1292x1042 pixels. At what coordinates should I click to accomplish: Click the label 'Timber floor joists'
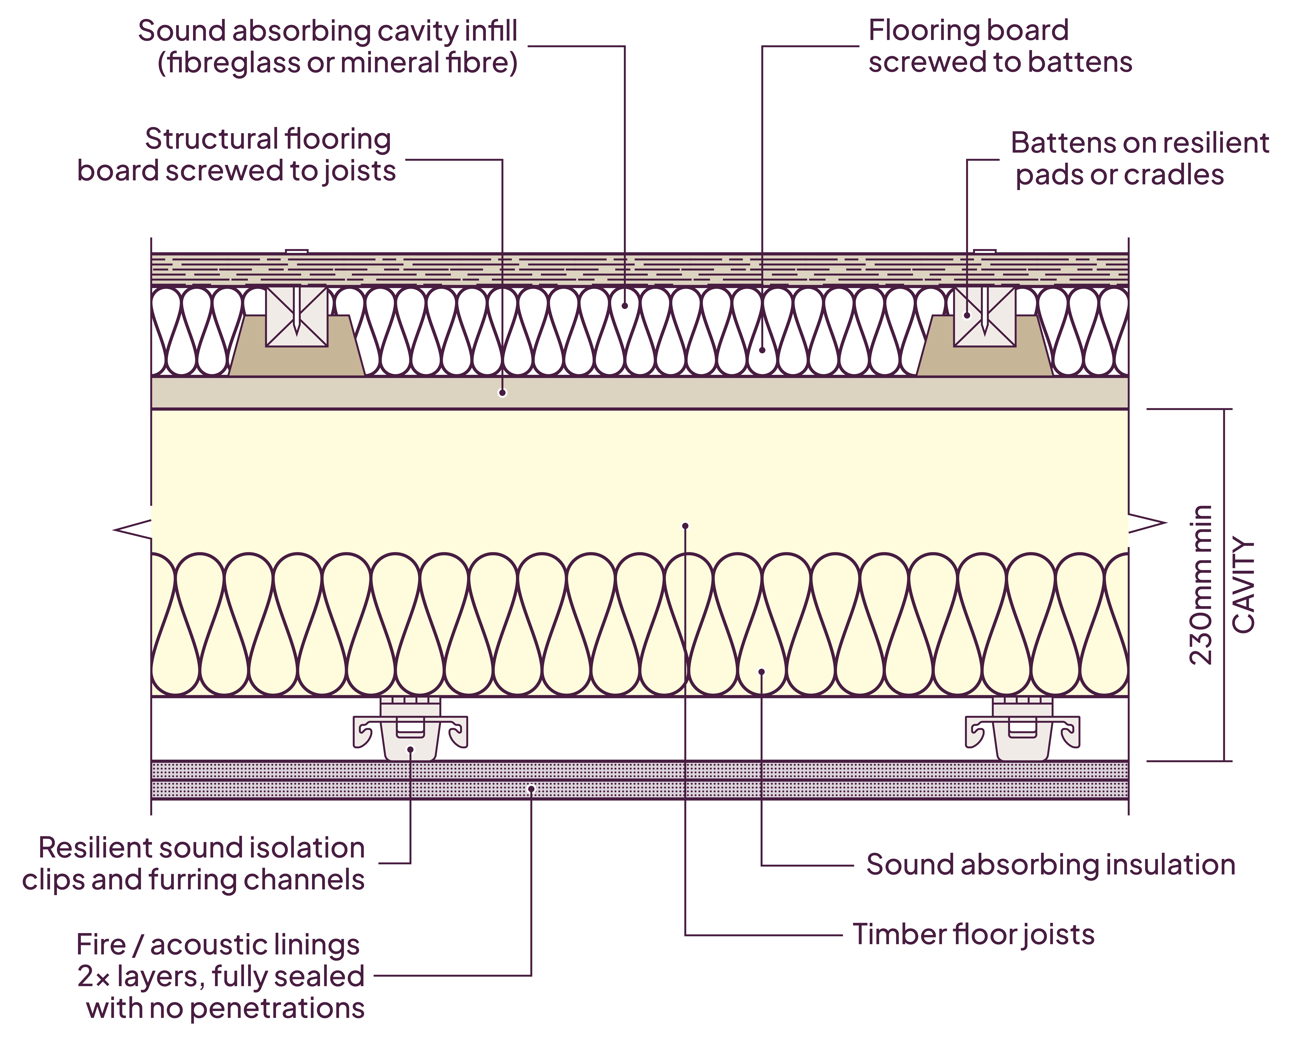973,935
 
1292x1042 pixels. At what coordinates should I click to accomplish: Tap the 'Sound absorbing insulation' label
1050,865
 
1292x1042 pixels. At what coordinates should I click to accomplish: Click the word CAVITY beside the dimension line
1243,585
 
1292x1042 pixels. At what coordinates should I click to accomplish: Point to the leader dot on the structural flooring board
502,393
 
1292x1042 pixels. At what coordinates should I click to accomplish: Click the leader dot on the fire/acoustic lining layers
531,789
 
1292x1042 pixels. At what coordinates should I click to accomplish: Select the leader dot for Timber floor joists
685,526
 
